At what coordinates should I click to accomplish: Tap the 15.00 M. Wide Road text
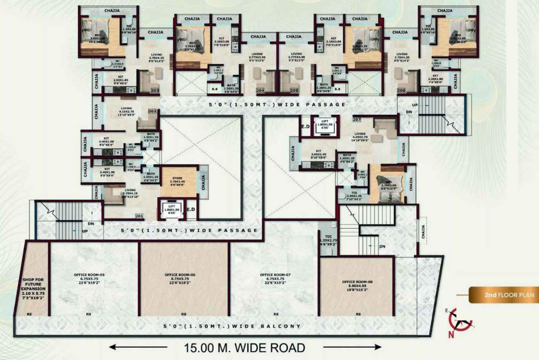click(244, 348)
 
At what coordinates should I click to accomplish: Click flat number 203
click(155, 90)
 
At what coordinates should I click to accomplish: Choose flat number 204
click(260, 90)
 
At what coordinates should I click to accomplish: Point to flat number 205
click(294, 90)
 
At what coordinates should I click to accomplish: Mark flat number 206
click(401, 90)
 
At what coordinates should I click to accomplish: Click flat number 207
click(357, 120)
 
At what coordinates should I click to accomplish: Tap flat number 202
click(152, 112)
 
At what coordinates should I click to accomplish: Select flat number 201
click(139, 216)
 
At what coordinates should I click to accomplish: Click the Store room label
click(177, 181)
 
